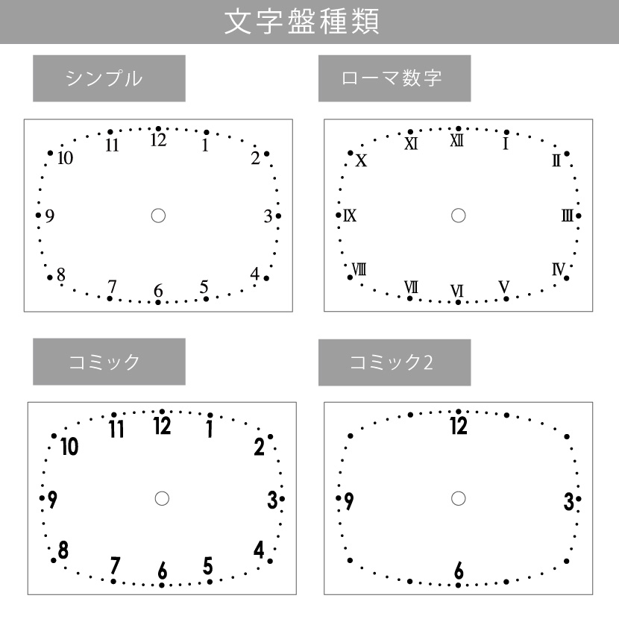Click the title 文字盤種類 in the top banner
point(302,22)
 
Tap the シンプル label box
point(109,78)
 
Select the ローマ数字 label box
point(395,78)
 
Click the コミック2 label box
point(395,362)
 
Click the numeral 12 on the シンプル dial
point(158,140)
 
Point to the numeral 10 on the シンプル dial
point(65,158)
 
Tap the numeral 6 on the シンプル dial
point(158,291)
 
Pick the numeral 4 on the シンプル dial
point(255,273)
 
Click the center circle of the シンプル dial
point(158,216)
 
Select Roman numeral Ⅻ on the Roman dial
point(457,140)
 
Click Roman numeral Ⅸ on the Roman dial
point(350,216)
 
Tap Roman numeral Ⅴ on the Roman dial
point(504,287)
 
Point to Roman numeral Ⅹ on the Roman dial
point(361,160)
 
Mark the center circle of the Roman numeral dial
point(459,216)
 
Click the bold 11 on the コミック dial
point(116,429)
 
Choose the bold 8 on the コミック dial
point(63,550)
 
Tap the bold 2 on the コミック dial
point(259,447)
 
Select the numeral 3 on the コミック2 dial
point(569,501)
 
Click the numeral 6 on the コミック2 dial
point(459,571)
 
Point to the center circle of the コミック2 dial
point(459,499)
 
